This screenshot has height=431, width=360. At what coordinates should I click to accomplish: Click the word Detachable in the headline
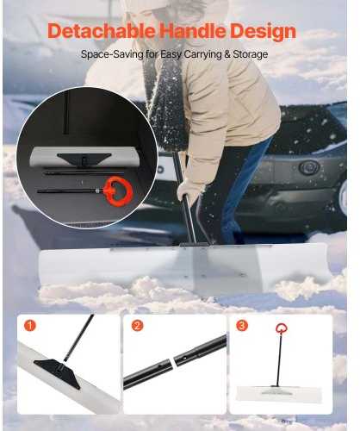[x=102, y=31]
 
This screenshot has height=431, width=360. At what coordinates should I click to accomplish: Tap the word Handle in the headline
[x=192, y=31]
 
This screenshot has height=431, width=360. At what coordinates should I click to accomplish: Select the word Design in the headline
[x=263, y=32]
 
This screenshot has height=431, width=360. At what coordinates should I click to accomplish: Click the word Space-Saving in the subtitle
[x=112, y=54]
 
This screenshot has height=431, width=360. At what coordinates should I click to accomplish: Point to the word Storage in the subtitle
[x=251, y=54]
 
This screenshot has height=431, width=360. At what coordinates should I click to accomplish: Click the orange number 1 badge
[x=29, y=326]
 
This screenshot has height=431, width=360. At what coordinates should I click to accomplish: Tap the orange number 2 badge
[x=137, y=326]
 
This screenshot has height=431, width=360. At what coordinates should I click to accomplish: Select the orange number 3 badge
[x=242, y=326]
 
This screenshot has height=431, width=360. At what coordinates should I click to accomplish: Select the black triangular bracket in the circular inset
[x=84, y=159]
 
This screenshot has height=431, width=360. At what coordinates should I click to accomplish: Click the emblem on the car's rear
[x=308, y=167]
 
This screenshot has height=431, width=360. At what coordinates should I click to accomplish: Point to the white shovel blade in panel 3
[x=279, y=393]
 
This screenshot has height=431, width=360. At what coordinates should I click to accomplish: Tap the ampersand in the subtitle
[x=227, y=54]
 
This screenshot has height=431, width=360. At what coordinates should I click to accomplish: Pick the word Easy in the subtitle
[x=171, y=54]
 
